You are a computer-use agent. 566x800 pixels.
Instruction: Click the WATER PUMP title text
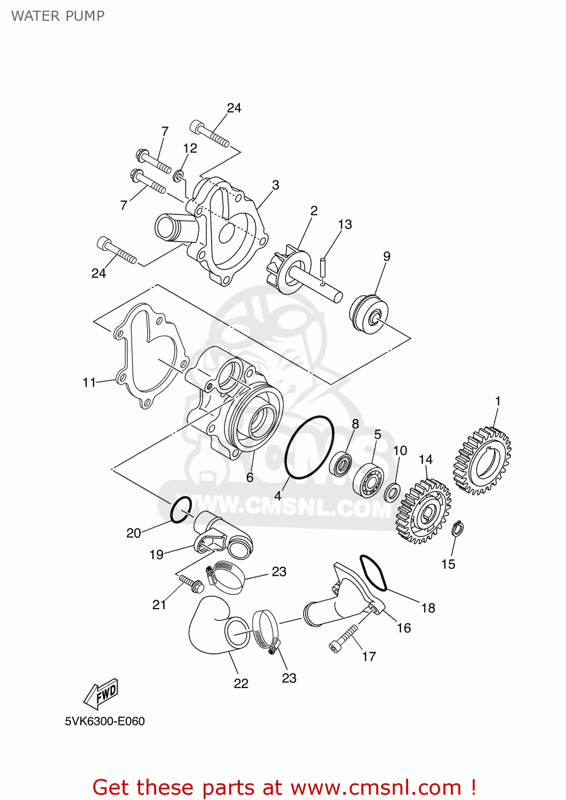pyautogui.click(x=58, y=16)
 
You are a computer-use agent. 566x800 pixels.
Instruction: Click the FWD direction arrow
pyautogui.click(x=101, y=693)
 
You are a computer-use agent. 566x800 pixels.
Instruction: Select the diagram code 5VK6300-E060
pyautogui.click(x=105, y=721)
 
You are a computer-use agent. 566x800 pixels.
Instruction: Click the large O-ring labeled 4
pyautogui.click(x=310, y=447)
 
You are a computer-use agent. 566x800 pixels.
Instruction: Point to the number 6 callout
pyautogui.click(x=249, y=477)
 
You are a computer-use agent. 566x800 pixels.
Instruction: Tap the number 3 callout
pyautogui.click(x=275, y=185)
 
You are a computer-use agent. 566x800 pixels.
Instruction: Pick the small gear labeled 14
pyautogui.click(x=424, y=511)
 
